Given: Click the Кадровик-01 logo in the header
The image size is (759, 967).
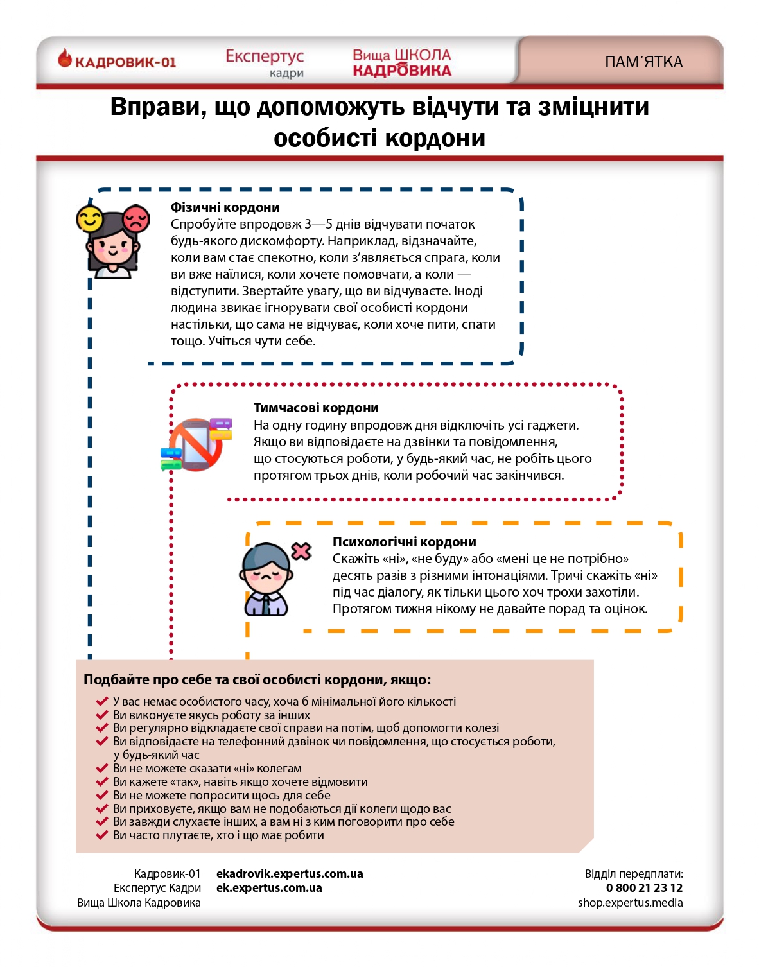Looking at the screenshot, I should [117, 61].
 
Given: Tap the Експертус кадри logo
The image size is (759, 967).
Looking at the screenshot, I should [265, 62].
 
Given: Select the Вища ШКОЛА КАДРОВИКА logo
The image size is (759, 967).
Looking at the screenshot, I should [402, 63].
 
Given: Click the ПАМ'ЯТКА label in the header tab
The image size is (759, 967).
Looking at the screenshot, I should [643, 62].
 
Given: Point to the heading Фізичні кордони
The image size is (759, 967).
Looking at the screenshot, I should [225, 207].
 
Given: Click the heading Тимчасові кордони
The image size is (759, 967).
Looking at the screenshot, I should [316, 408].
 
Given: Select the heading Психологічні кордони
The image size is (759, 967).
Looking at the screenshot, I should [404, 542].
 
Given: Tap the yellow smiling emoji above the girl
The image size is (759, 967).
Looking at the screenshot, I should [89, 219].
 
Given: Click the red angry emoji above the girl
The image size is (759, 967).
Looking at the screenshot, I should [136, 218].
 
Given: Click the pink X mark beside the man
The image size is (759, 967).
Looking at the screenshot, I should [301, 551].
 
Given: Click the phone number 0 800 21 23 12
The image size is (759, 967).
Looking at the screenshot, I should [644, 888].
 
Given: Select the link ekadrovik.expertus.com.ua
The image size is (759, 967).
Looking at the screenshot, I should [290, 874].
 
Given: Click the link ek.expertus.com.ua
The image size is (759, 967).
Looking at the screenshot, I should [269, 888].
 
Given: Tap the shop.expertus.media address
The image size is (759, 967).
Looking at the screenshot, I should [630, 903].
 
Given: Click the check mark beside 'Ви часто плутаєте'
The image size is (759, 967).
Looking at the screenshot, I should [101, 835].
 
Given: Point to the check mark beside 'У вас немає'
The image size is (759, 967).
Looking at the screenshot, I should [101, 701].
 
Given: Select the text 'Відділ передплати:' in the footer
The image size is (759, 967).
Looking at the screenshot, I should [634, 874].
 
